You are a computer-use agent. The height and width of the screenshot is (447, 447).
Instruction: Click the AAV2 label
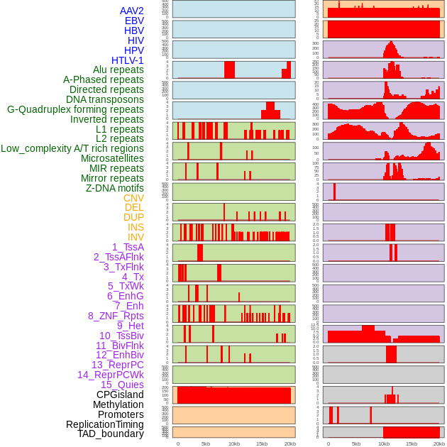[131, 11]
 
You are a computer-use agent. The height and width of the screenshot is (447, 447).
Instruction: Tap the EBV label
[134, 21]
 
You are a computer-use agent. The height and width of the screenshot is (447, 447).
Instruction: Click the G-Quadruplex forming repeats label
[75, 109]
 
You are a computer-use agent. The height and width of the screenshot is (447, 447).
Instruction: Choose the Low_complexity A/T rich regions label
[72, 148]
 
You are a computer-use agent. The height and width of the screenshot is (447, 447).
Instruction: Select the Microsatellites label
[112, 158]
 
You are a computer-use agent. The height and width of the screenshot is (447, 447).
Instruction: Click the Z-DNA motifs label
[114, 188]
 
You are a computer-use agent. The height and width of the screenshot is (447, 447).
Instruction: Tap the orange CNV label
[133, 198]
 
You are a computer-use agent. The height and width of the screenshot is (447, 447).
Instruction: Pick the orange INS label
[136, 227]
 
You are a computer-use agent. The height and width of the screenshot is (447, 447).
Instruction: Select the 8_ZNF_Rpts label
[116, 316]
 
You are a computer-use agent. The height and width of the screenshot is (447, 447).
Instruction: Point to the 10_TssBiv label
[121, 336]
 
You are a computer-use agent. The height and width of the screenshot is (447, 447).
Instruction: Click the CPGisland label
[120, 394]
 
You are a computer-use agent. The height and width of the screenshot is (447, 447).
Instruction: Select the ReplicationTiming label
[105, 424]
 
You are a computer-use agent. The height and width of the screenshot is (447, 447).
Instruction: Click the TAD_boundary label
[111, 434]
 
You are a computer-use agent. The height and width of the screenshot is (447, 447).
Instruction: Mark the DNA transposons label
[105, 99]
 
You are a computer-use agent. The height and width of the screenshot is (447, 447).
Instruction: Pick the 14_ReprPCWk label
[111, 375]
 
